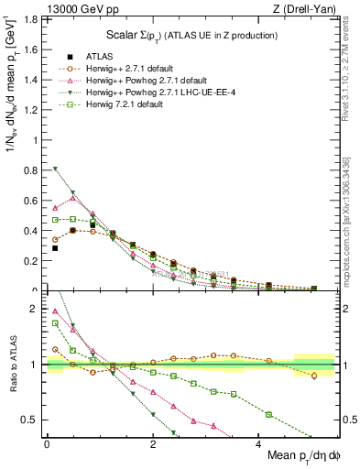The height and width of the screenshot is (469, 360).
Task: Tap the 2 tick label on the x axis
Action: [x=152, y=444]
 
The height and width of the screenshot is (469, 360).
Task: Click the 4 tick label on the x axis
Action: [x=257, y=444]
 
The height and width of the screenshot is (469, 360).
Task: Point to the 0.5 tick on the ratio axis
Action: [x=33, y=420]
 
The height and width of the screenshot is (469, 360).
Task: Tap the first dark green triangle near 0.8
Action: [x=55, y=169]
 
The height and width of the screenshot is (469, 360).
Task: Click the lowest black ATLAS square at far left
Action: [x=55, y=248]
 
